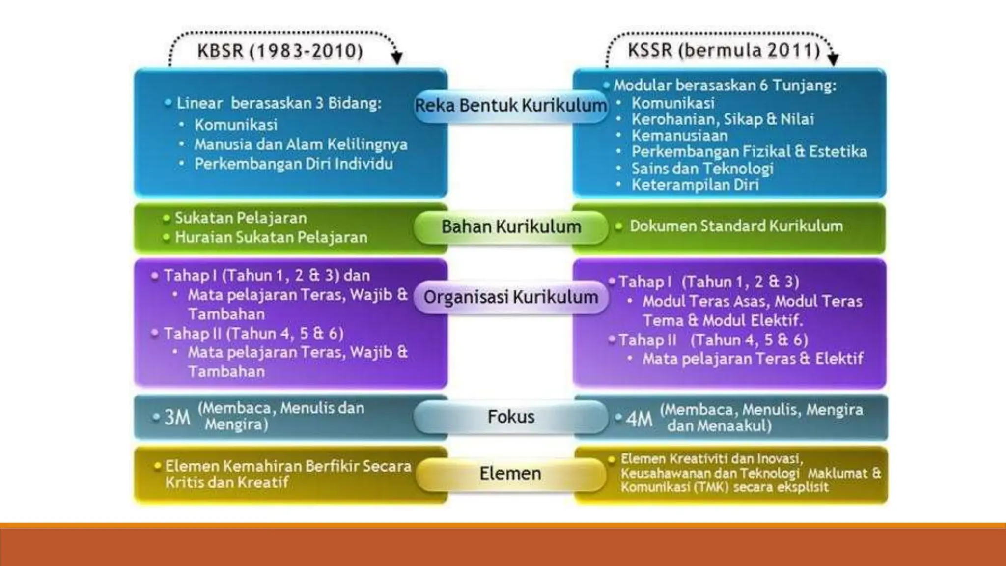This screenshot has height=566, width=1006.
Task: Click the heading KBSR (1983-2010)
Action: (280, 51)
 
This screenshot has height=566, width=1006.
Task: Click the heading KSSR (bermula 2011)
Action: (724, 50)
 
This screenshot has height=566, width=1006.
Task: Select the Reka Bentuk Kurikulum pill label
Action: (511, 105)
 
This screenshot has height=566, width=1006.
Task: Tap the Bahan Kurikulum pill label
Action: (511, 226)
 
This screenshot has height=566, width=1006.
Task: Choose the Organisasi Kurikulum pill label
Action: (511, 297)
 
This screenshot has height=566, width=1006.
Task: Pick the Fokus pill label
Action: (511, 417)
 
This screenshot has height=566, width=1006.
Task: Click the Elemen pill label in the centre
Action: (510, 473)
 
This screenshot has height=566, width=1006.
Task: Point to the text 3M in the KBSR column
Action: (177, 417)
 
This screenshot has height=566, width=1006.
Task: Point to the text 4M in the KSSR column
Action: (639, 419)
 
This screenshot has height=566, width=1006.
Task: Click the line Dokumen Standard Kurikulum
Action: (736, 226)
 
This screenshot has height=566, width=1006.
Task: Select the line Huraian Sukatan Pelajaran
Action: (271, 237)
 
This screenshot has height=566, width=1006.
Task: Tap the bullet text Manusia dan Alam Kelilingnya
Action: (301, 144)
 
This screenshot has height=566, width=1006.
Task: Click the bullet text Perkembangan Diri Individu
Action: (293, 164)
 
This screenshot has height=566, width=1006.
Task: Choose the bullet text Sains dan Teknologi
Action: (702, 169)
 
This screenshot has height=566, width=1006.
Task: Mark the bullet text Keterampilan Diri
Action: (695, 185)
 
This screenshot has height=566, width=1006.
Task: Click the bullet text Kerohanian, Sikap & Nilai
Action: (723, 119)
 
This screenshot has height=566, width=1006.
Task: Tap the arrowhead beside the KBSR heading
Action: (397, 58)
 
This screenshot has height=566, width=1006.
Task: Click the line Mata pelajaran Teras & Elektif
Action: (753, 359)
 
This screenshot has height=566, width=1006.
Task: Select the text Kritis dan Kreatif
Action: (227, 482)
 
